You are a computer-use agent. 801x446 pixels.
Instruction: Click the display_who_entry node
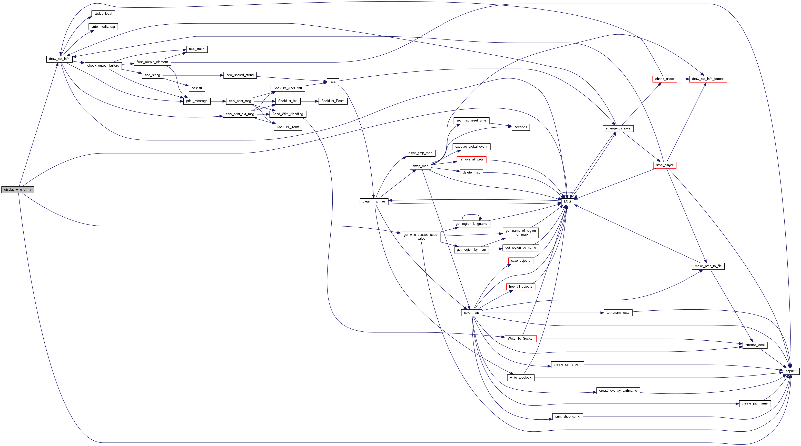pyautogui.click(x=18, y=190)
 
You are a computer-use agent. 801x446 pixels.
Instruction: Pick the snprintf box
pyautogui.click(x=791, y=371)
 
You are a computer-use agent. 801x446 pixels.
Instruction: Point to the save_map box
pyautogui.click(x=471, y=313)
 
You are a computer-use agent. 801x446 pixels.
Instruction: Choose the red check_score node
pyautogui.click(x=665, y=79)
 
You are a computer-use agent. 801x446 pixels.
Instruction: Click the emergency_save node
pyautogui.click(x=618, y=128)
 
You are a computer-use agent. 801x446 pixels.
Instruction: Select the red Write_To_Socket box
pyautogui.click(x=520, y=338)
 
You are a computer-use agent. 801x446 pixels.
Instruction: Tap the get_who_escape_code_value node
pyautogui.click(x=420, y=237)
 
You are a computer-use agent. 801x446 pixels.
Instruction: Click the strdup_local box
pyautogui.click(x=103, y=14)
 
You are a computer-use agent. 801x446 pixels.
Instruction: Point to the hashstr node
pyautogui.click(x=197, y=88)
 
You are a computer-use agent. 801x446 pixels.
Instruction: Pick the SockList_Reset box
pyautogui.click(x=333, y=101)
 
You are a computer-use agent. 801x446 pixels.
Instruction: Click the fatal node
pyautogui.click(x=333, y=82)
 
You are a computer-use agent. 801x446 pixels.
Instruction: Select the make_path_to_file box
pyautogui.click(x=708, y=266)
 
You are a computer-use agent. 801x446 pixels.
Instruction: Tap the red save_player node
pyautogui.click(x=665, y=165)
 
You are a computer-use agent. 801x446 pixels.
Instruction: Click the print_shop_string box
pyautogui.click(x=568, y=417)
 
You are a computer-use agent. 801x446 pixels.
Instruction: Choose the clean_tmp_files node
pyautogui.click(x=374, y=201)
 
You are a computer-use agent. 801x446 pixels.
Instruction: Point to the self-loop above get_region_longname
pyautogui.click(x=471, y=215)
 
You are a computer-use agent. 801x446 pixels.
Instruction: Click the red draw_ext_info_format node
pyautogui.click(x=708, y=79)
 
